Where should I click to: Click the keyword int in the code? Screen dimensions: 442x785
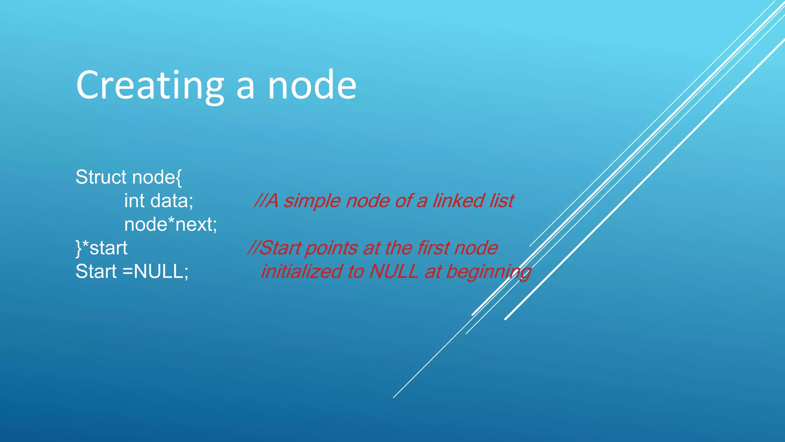click(x=134, y=201)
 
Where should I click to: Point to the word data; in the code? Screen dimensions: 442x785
click(x=172, y=201)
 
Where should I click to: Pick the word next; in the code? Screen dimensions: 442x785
click(x=196, y=225)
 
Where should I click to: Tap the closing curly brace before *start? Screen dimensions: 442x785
click(x=79, y=249)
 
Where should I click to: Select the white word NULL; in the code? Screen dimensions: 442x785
click(x=161, y=272)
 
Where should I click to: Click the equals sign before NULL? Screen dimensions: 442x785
click(x=127, y=272)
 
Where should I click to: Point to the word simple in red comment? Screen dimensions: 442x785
click(x=312, y=201)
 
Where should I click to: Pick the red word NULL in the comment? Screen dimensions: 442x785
click(x=393, y=272)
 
